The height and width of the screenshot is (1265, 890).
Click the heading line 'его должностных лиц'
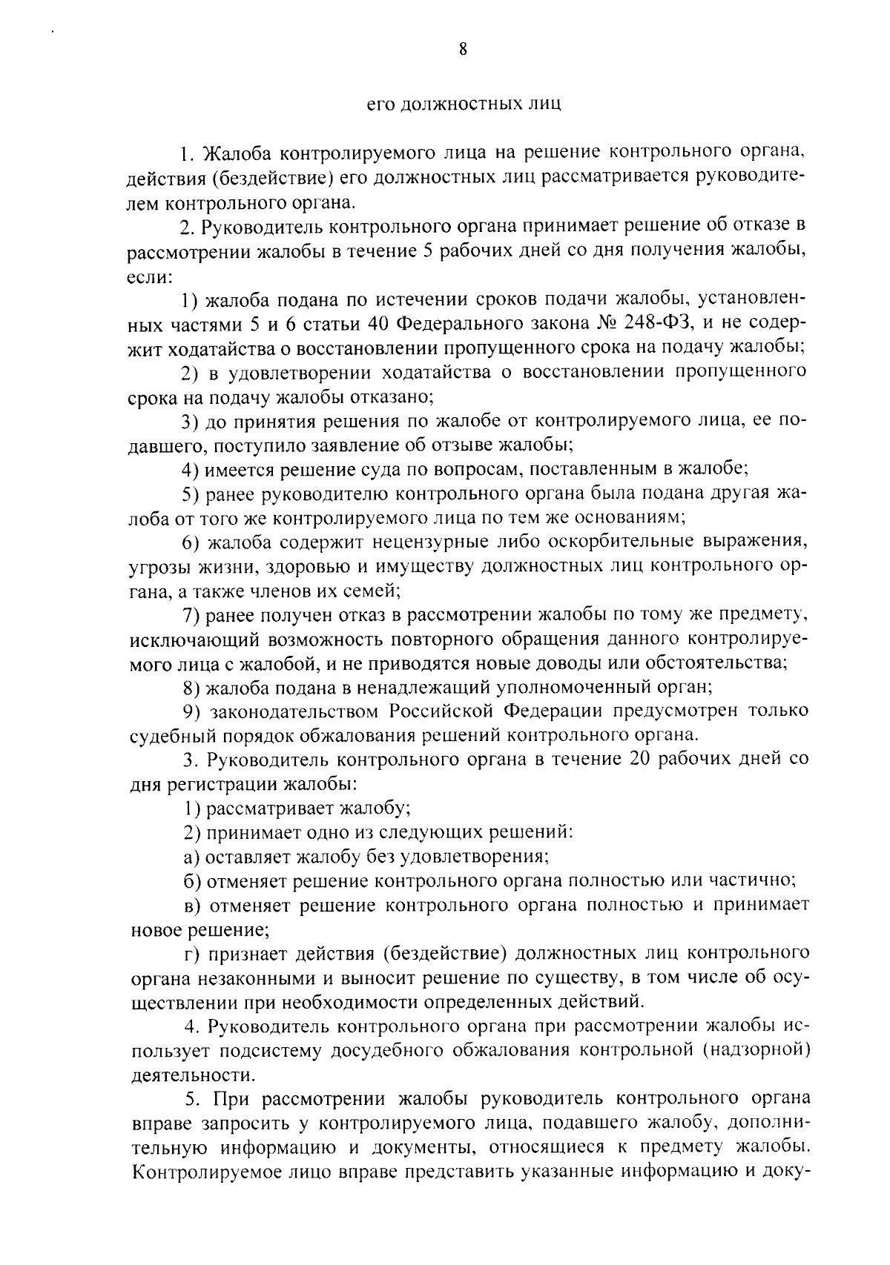(x=465, y=104)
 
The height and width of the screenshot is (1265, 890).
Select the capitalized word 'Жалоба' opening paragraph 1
(x=236, y=154)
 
